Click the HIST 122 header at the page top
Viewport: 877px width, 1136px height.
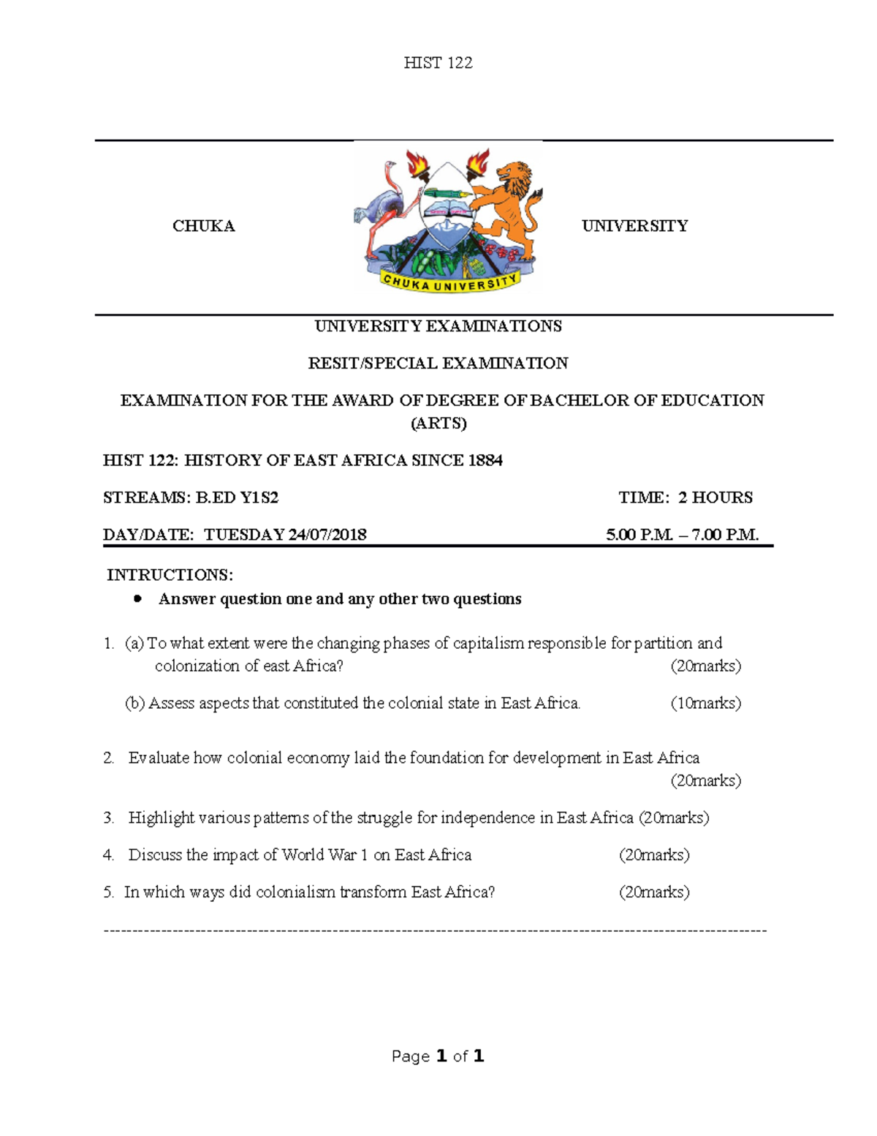438,63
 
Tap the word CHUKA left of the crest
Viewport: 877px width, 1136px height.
203,226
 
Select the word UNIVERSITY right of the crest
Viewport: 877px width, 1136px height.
634,226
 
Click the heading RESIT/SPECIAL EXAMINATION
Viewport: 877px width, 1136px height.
438,364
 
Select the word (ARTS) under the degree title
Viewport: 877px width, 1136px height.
438,424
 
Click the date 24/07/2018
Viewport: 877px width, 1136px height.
327,535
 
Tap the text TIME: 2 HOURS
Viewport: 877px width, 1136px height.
685,497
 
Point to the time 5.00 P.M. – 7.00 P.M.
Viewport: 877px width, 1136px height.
682,535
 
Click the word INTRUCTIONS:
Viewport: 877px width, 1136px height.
170,575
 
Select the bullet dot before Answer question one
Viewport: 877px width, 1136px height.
137,599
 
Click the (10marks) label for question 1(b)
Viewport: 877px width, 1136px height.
705,704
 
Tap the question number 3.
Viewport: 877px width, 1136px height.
108,818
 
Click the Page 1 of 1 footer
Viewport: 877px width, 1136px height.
438,1056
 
